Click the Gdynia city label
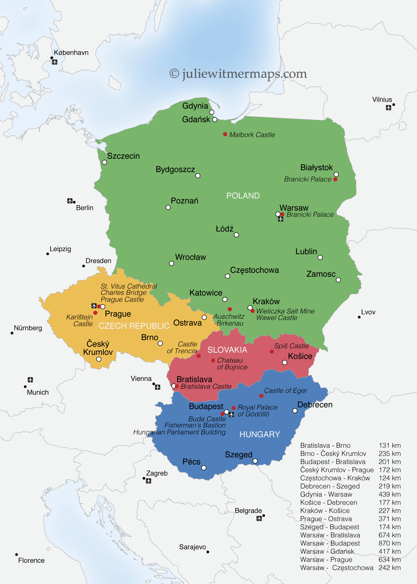pyautogui.click(x=195, y=106)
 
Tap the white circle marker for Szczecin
pyautogui.click(x=104, y=162)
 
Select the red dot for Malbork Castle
pyautogui.click(x=225, y=134)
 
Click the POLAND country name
pyautogui.click(x=243, y=196)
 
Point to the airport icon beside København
pyautogui.click(x=55, y=62)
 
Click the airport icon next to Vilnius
pyautogui.click(x=388, y=108)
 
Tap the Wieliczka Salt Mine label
pyautogui.click(x=286, y=311)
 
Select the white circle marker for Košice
pyautogui.click(x=285, y=363)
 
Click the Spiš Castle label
pyautogui.click(x=291, y=346)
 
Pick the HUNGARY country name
pyautogui.click(x=260, y=434)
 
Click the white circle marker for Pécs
pyautogui.click(x=204, y=468)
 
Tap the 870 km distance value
pyautogui.click(x=390, y=543)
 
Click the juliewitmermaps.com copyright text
pyautogui.click(x=238, y=74)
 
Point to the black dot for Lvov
pyautogui.click(x=359, y=317)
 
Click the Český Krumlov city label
pyautogui.click(x=98, y=348)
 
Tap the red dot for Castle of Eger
pyautogui.click(x=261, y=396)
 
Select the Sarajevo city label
pyautogui.click(x=193, y=547)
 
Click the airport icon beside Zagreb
pyautogui.click(x=148, y=481)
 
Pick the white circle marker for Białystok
pyautogui.click(x=336, y=174)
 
